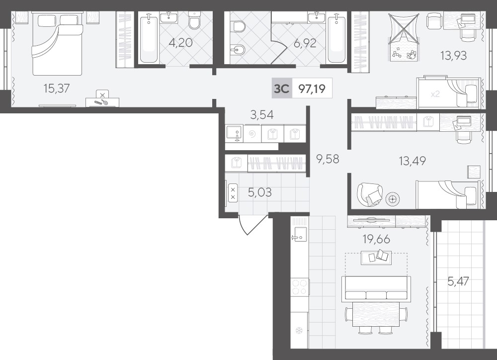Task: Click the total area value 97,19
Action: (x=312, y=89)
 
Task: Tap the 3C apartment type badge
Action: (x=281, y=88)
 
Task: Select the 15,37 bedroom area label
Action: (x=57, y=88)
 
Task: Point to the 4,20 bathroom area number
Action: (x=180, y=42)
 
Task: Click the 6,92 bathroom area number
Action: (x=305, y=43)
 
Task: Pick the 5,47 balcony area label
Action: (x=458, y=281)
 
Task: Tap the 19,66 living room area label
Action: (x=376, y=239)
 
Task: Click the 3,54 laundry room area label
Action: (x=262, y=114)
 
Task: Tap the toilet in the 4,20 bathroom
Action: (x=194, y=20)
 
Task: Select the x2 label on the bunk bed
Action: (x=435, y=94)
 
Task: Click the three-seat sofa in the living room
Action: (x=375, y=288)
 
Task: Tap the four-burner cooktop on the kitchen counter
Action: (x=300, y=287)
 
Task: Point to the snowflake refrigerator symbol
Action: (x=298, y=331)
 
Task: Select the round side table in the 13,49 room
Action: (x=393, y=199)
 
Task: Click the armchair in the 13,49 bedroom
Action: (x=370, y=194)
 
